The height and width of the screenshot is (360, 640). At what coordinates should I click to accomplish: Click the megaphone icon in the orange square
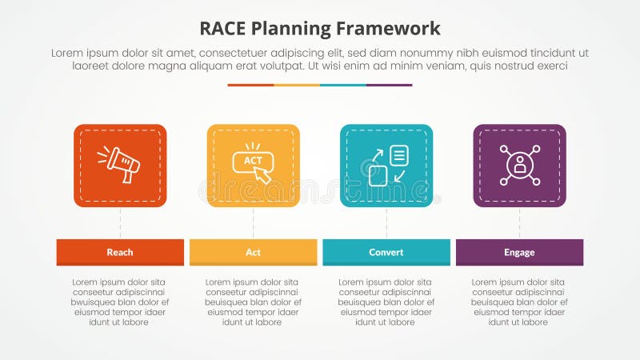(119, 164)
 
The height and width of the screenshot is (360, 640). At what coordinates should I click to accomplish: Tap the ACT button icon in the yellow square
(253, 163)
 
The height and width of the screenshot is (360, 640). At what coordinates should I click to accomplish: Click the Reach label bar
(120, 252)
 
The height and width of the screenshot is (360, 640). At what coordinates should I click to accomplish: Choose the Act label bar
(253, 252)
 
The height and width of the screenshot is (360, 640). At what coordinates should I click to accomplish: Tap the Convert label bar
(386, 252)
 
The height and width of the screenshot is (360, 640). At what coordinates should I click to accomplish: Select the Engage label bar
(519, 252)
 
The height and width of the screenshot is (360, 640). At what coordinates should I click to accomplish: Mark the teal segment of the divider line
(342, 85)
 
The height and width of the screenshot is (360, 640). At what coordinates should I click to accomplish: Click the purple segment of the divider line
(389, 85)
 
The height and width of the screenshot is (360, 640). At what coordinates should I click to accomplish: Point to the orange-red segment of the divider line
(250, 85)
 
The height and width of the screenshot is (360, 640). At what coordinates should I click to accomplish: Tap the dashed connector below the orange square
(120, 222)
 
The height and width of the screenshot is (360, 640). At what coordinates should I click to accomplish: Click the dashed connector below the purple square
(519, 222)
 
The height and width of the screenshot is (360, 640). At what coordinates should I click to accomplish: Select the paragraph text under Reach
(120, 302)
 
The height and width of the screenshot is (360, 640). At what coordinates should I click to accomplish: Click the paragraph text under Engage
(519, 302)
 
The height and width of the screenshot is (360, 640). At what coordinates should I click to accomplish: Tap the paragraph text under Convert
(386, 302)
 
